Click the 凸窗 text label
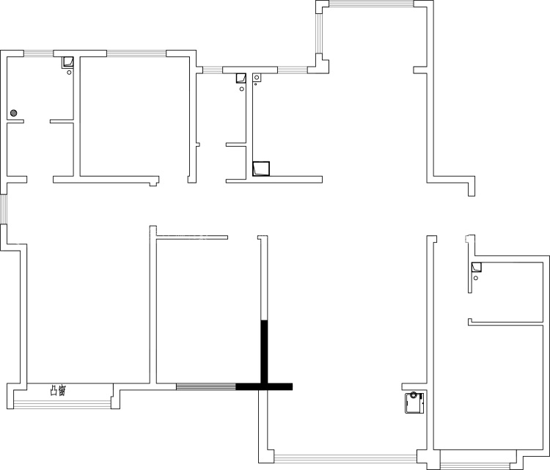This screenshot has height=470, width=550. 58,390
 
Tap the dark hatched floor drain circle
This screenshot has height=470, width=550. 14,113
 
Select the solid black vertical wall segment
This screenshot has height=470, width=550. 264,351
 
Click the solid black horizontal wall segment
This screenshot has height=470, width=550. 264,386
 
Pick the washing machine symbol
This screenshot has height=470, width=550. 414,403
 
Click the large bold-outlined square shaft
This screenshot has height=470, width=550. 261,169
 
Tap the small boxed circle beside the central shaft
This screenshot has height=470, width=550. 257,78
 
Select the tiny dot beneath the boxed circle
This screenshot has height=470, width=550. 256,84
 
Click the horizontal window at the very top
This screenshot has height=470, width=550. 371,4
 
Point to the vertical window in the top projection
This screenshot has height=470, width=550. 319,33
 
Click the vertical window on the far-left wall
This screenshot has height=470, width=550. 3,209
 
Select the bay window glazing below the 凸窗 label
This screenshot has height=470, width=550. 62,405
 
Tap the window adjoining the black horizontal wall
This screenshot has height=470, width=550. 206,386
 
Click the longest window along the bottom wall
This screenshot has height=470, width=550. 345,458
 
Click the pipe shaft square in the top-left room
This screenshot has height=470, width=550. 67,62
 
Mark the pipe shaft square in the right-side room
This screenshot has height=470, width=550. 477,267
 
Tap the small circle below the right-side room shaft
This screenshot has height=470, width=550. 476,278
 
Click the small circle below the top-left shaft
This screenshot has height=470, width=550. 69,73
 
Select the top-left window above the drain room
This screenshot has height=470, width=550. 39,54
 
